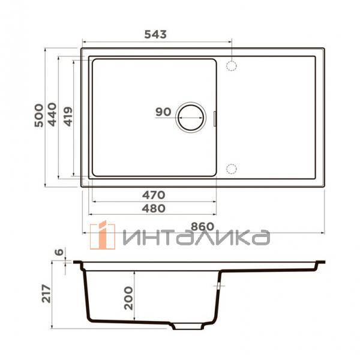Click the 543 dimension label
155,34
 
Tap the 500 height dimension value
39,115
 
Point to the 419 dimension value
68,116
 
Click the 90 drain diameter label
163,112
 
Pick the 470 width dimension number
154,195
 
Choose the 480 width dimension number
154,208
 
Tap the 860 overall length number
203,227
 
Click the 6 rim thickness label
59,252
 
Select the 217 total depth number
46,293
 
